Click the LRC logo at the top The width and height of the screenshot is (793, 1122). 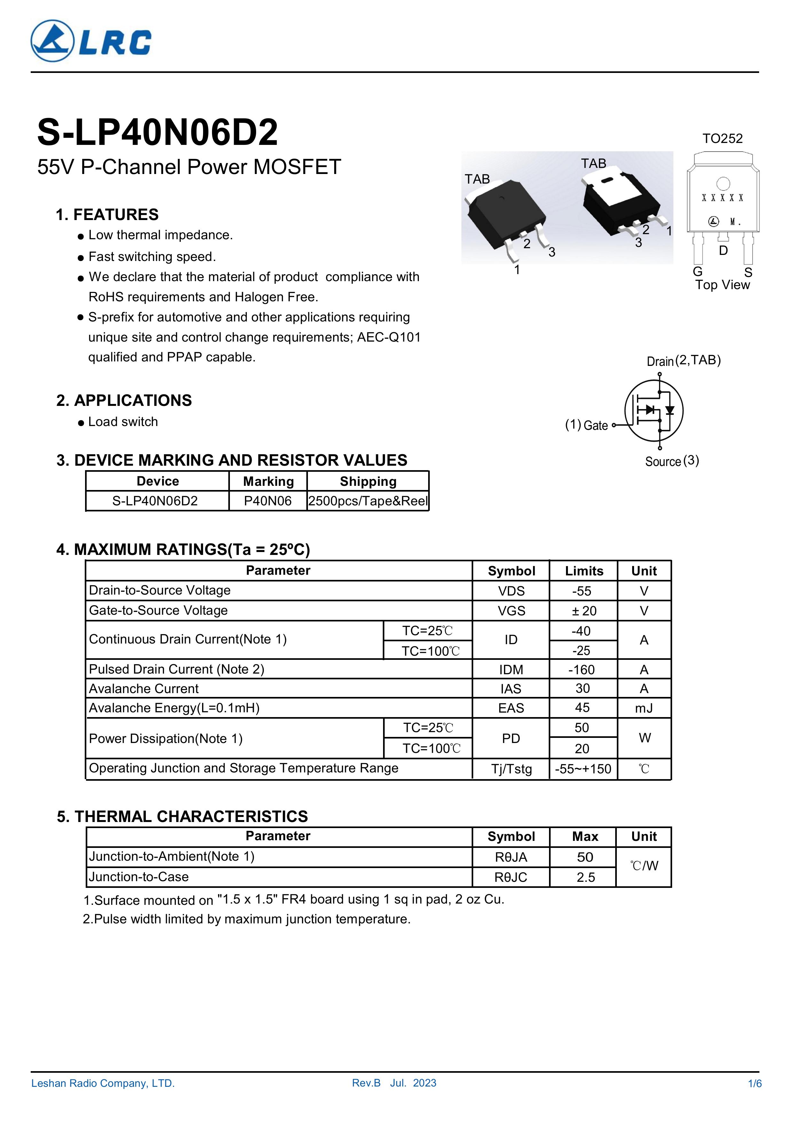(91, 41)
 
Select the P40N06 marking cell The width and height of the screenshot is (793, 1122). (268, 501)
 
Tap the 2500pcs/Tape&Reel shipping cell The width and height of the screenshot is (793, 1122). (368, 501)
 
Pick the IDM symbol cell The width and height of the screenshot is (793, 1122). (511, 669)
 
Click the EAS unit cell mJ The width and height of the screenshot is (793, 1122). (644, 708)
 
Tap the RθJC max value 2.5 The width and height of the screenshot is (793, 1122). (585, 877)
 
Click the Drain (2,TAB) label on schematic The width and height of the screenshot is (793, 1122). (684, 361)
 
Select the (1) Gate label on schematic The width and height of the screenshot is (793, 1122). (586, 425)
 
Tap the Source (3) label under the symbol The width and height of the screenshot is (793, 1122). (672, 461)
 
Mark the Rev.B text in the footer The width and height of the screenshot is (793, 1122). (366, 1083)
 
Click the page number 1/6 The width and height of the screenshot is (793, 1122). (754, 1083)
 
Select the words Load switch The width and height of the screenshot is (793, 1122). (123, 422)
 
